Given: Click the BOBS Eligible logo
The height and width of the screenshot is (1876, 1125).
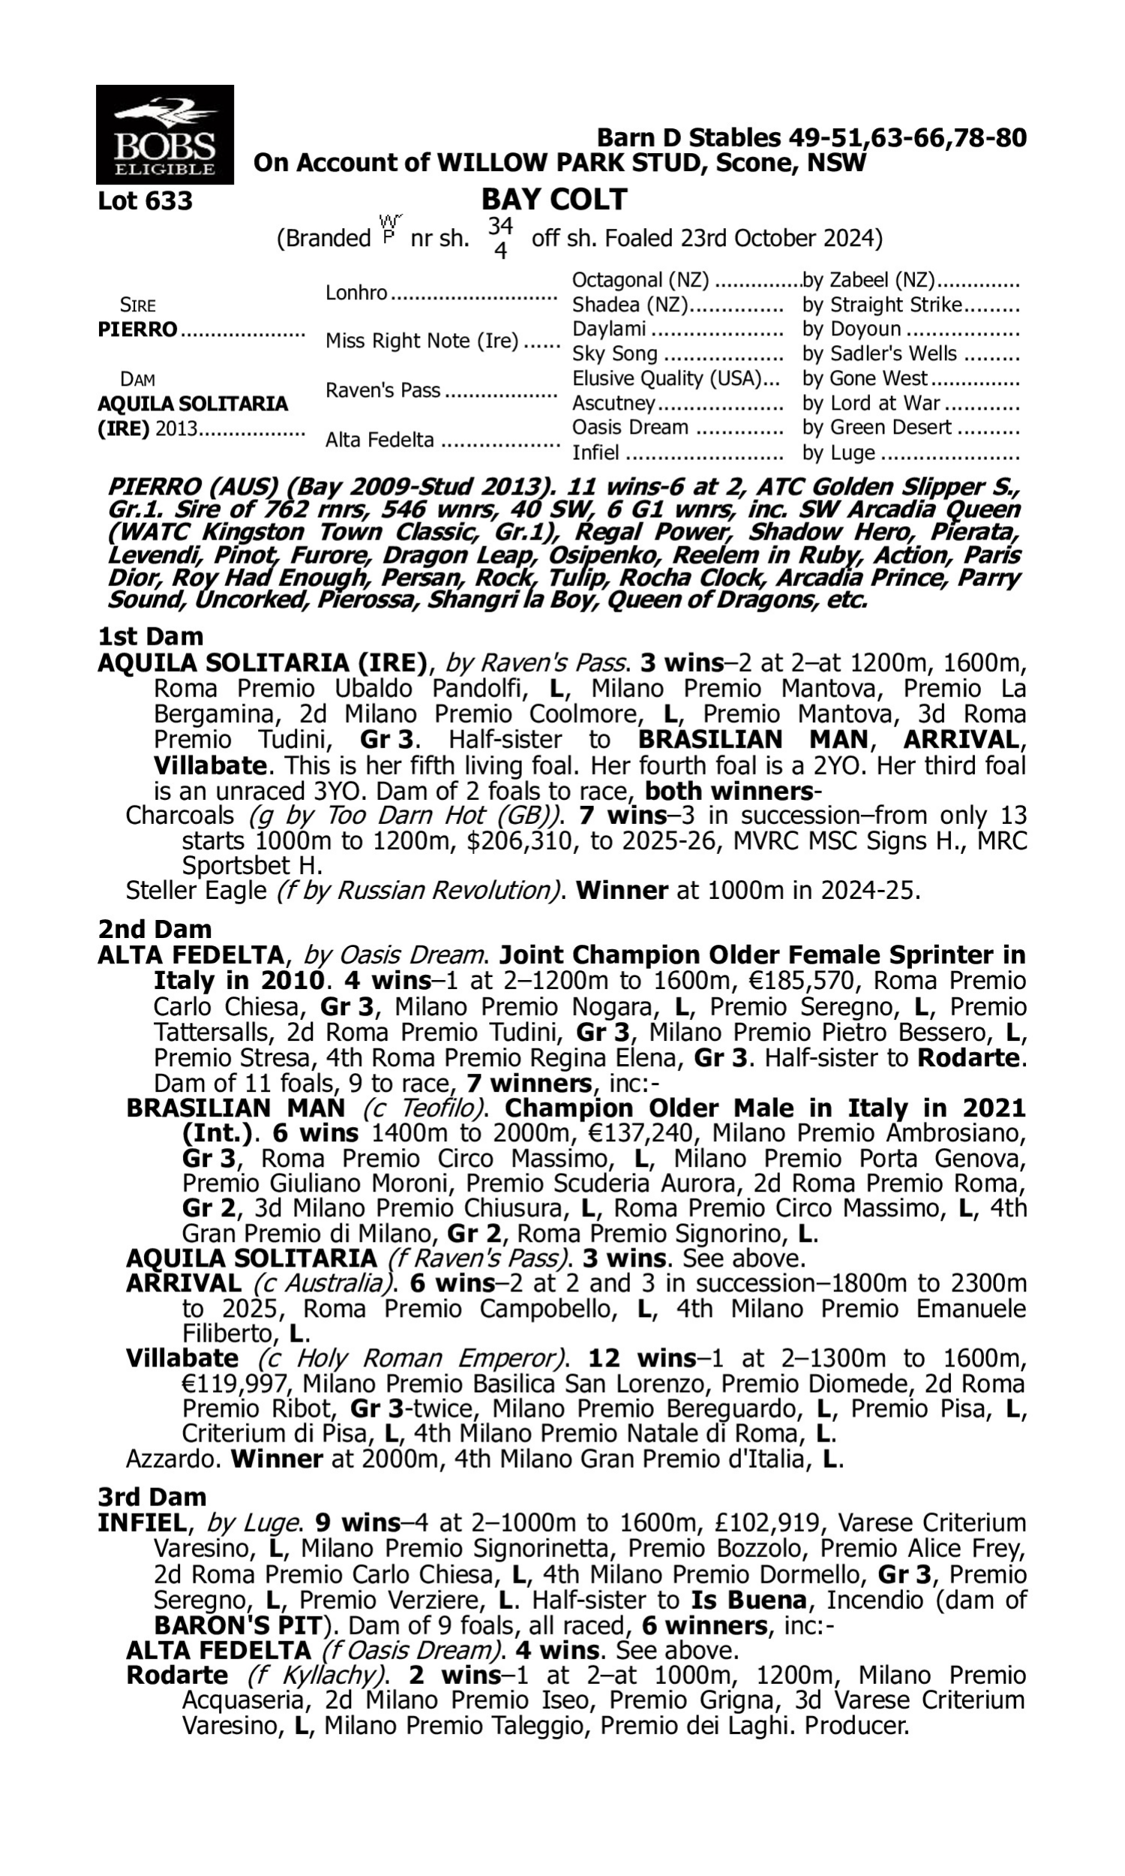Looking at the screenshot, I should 164,134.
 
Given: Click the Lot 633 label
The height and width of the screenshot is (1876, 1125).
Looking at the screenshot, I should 145,201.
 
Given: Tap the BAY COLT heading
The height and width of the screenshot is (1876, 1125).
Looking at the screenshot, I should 554,200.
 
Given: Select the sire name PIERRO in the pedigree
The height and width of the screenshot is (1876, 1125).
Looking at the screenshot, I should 137,330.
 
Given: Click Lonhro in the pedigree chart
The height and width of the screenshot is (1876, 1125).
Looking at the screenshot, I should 356,293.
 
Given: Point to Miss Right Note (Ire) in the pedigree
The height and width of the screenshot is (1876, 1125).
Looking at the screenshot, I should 421,341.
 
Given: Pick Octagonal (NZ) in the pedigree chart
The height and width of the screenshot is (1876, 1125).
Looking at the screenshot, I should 640,281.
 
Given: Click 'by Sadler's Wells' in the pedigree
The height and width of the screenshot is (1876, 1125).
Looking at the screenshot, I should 880,354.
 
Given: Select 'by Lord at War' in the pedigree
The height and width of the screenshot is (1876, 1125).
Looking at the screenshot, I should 871,404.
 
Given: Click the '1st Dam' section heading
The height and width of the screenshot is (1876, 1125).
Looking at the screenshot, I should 150,636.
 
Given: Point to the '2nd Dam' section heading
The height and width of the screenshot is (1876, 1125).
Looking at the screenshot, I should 154,929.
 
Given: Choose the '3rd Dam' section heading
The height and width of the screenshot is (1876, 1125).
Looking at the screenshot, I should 151,1497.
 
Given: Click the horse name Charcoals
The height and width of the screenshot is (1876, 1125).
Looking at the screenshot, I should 179,816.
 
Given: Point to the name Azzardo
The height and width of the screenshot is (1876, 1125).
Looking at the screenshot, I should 171,1458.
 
